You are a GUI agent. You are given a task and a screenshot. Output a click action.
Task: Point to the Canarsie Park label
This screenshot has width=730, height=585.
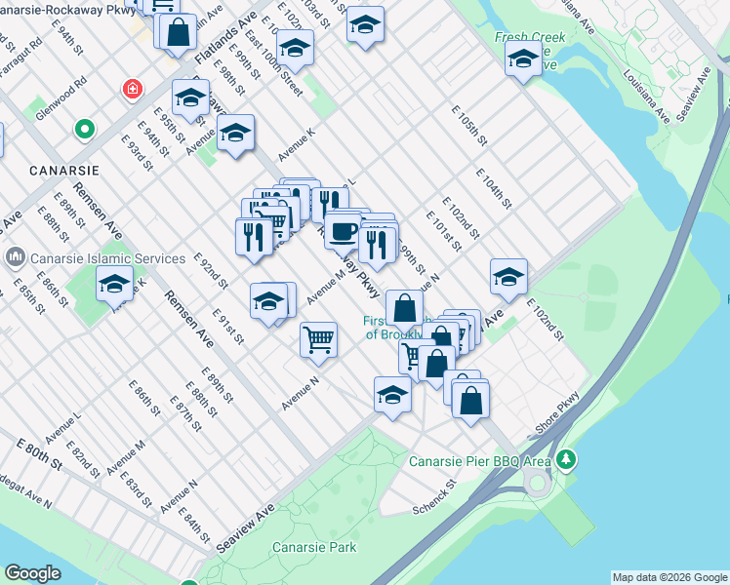pyautogui.click(x=314, y=547)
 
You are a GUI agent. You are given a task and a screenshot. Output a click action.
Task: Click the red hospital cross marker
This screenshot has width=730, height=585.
pyautogui.click(x=131, y=91)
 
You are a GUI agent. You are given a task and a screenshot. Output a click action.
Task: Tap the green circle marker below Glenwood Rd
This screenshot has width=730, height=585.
pyautogui.click(x=85, y=129)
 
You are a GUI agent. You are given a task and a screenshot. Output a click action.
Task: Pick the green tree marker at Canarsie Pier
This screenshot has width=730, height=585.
pyautogui.click(x=565, y=458)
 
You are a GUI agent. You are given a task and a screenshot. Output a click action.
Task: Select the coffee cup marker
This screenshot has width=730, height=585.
pyautogui.click(x=343, y=232)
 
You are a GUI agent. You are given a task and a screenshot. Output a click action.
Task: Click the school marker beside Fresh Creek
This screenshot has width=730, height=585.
pyautogui.click(x=523, y=59)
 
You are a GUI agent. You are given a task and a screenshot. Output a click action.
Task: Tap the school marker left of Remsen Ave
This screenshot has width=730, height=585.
pyautogui.click(x=114, y=283)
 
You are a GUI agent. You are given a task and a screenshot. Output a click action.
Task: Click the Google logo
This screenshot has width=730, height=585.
pyautogui.click(x=32, y=573)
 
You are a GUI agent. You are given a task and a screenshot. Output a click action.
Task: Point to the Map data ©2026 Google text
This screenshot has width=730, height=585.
pyautogui.click(x=669, y=577)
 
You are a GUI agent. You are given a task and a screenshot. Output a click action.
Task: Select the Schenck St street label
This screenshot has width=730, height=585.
pyautogui.click(x=434, y=496)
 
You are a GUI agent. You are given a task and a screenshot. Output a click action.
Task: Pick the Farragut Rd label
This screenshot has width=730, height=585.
pyautogui.click(x=22, y=58)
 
